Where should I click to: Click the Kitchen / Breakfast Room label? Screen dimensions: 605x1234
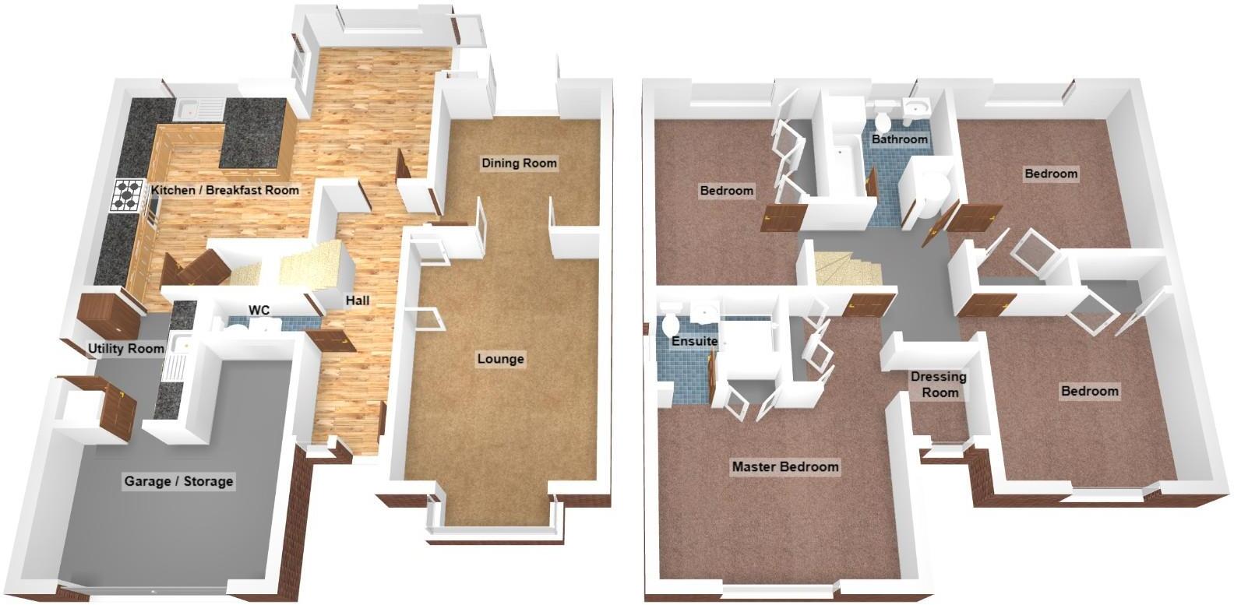(225, 190)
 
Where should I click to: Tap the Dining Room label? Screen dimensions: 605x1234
(519, 163)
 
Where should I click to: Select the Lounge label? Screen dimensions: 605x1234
(501, 359)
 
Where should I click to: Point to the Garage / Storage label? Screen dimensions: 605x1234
(178, 481)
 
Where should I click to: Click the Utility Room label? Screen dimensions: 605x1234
(125, 348)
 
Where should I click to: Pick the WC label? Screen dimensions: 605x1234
(259, 311)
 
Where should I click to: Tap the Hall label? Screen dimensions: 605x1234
(358, 301)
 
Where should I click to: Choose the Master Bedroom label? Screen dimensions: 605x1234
(784, 466)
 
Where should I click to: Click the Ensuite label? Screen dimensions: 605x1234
(694, 341)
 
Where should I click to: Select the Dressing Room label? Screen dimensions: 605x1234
(939, 385)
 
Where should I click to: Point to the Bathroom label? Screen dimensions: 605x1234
(900, 139)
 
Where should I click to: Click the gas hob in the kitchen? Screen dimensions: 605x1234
(128, 195)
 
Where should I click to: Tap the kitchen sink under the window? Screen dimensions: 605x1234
(192, 110)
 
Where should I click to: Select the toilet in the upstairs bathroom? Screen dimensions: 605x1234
(883, 121)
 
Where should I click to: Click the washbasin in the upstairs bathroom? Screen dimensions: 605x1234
(919, 108)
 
